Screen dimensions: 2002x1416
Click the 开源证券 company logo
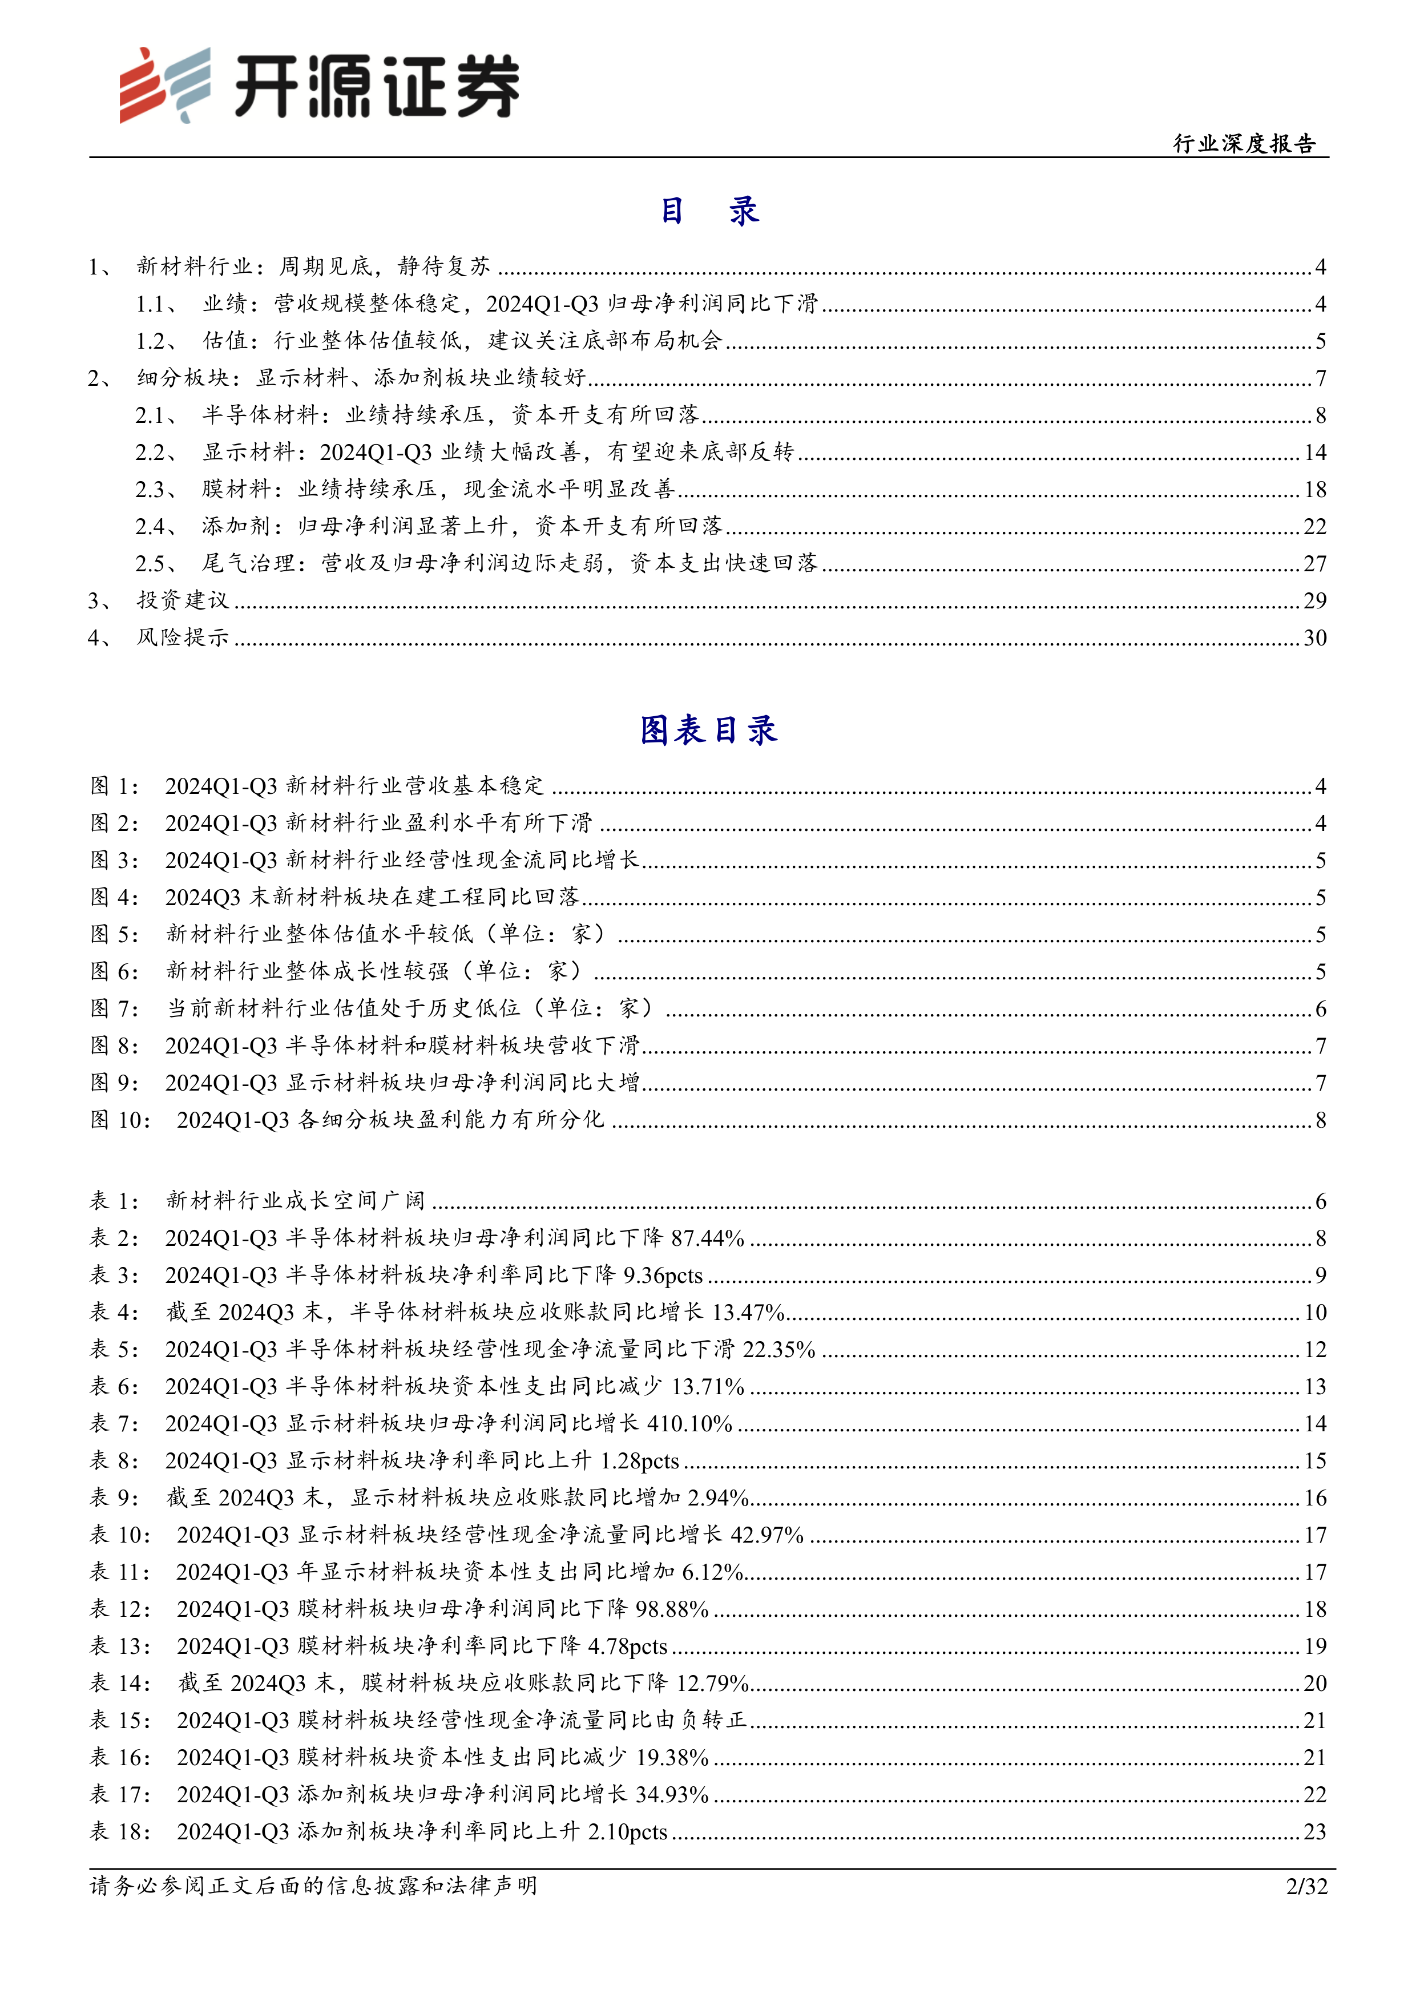click(x=318, y=84)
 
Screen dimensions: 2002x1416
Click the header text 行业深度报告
click(x=1244, y=144)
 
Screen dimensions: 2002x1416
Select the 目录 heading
click(x=709, y=211)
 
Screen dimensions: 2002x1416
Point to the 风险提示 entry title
click(x=183, y=637)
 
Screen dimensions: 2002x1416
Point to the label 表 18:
click(x=120, y=1832)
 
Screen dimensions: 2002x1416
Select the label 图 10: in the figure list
click(x=120, y=1120)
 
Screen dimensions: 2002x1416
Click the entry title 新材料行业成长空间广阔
click(x=296, y=1201)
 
